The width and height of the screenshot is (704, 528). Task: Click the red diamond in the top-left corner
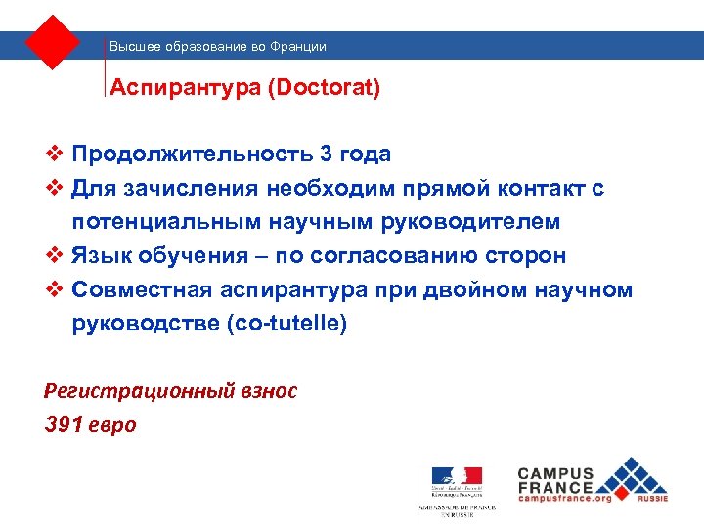point(53,42)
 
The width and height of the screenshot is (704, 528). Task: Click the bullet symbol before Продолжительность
point(55,154)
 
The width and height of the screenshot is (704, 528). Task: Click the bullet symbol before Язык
point(55,256)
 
